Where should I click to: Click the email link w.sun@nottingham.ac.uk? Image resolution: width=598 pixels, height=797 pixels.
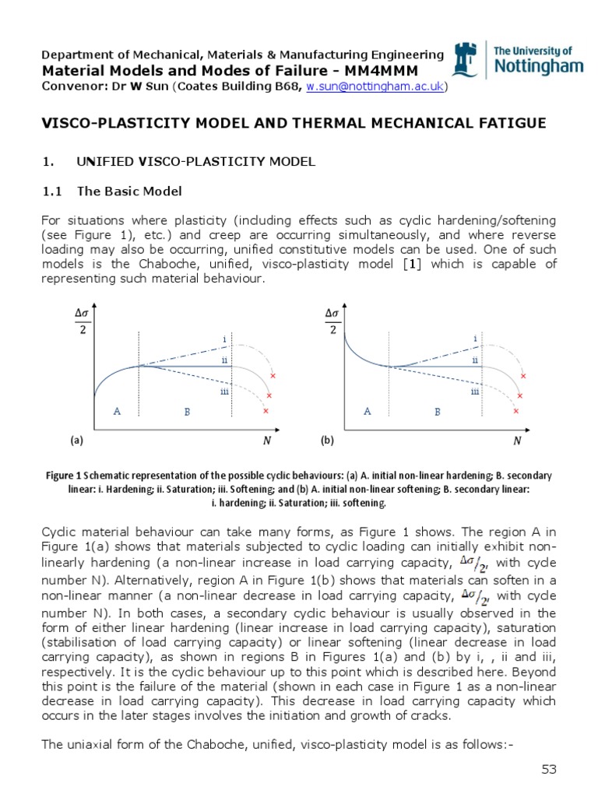click(375, 86)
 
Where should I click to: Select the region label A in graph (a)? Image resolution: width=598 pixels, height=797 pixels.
click(117, 411)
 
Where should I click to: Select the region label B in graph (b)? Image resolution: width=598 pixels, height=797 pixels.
click(438, 411)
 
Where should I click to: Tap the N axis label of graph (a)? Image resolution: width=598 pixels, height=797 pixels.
click(266, 441)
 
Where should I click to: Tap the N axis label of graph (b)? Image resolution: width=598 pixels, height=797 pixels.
click(516, 441)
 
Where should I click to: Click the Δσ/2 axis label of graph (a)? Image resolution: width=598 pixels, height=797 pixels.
click(82, 320)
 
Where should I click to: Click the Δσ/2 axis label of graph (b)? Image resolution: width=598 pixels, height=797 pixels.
click(332, 320)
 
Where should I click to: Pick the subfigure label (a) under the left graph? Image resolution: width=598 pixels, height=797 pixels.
click(76, 441)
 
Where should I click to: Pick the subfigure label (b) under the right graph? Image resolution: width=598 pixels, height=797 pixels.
click(327, 441)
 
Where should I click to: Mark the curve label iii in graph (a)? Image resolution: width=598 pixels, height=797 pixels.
click(223, 391)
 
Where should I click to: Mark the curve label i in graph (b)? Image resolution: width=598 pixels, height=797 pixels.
click(475, 339)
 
